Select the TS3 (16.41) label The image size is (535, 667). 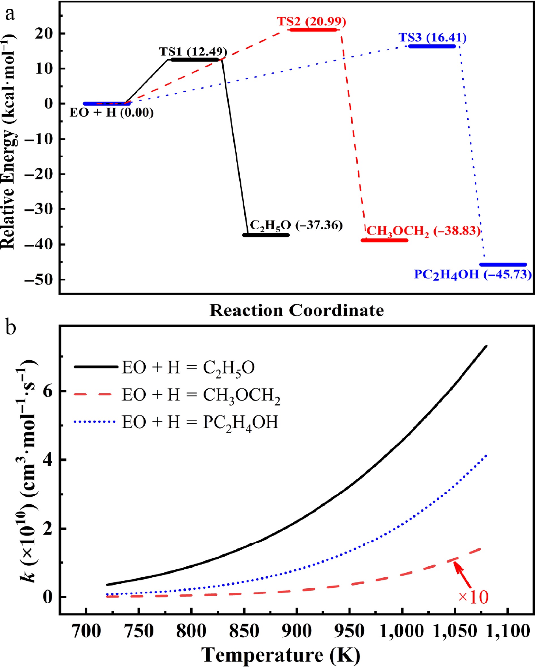point(433,37)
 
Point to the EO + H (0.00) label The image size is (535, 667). point(112,112)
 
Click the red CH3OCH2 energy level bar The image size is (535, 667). point(385,240)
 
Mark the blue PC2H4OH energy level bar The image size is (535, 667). point(503,265)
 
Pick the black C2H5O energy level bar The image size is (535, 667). point(266,235)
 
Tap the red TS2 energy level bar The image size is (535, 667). point(313,30)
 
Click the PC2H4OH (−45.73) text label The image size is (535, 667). point(473,275)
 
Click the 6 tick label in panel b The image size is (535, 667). point(47,391)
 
